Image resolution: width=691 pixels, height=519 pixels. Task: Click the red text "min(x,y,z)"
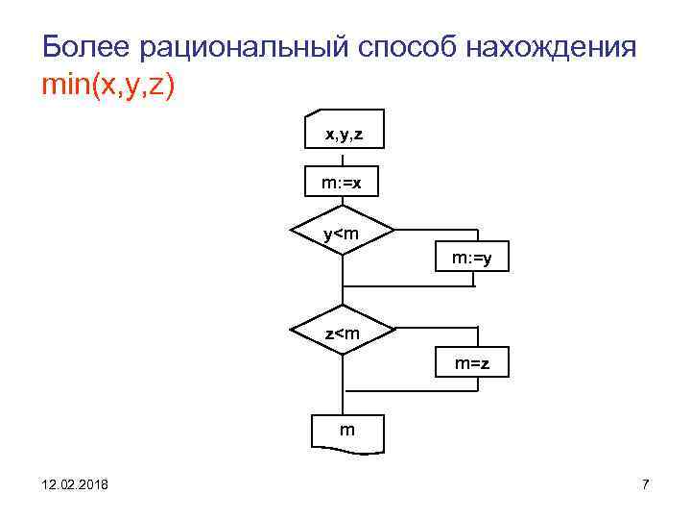(x=108, y=86)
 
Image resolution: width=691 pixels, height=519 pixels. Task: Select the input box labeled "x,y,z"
(x=344, y=132)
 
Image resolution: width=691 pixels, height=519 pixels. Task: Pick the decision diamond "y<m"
(x=343, y=234)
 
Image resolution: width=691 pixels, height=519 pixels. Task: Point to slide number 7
(x=646, y=484)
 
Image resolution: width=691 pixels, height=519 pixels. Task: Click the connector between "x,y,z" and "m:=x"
(x=344, y=160)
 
